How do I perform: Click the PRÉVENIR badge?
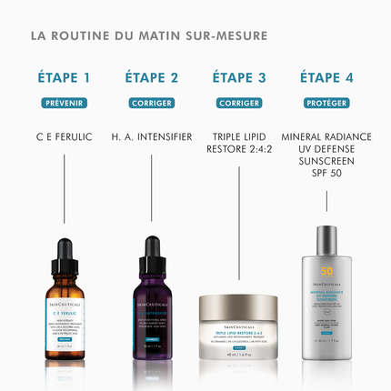[x=65, y=103]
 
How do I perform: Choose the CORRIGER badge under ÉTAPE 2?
[x=152, y=103]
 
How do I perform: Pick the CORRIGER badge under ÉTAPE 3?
[x=238, y=103]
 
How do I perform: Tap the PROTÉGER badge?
[x=326, y=103]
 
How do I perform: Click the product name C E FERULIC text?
[x=65, y=137]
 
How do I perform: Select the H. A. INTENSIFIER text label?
[x=152, y=137]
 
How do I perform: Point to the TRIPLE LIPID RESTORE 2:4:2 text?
[x=238, y=143]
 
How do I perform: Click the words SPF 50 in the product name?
[x=326, y=173]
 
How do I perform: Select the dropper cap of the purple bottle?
[x=152, y=247]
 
